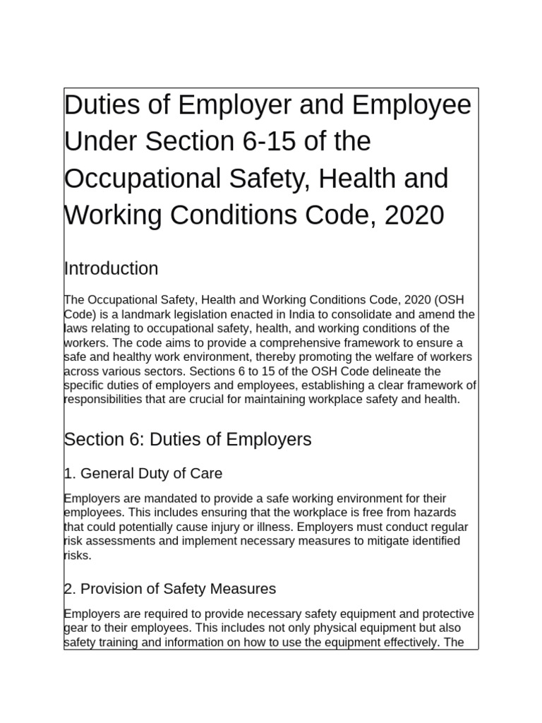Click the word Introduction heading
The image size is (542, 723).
111,269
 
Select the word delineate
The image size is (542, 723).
398,371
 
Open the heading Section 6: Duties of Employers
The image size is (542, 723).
187,440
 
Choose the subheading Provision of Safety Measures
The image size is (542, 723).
169,588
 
